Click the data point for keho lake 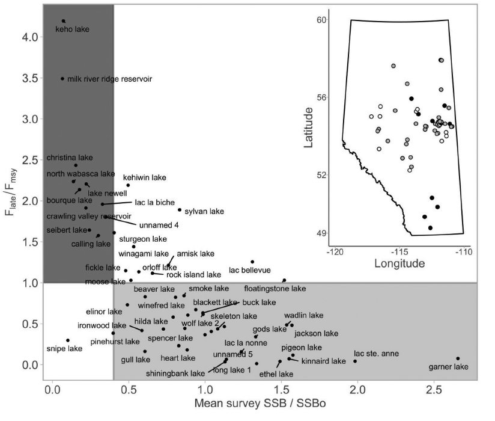point(64,21)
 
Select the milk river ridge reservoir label point(109,79)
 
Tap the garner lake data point point(458,358)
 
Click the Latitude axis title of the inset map point(308,128)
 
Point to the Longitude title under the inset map point(399,263)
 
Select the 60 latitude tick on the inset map point(321,20)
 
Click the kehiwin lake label point(145,177)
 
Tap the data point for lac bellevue point(252,262)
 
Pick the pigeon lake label point(302,347)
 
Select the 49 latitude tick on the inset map point(321,233)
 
